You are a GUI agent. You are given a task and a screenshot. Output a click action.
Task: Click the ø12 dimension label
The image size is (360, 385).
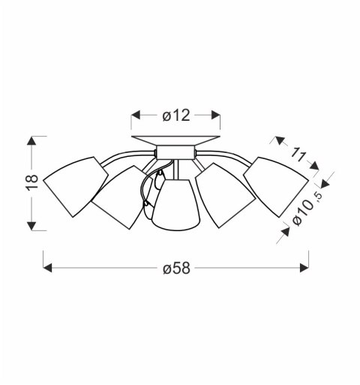coord(176,115)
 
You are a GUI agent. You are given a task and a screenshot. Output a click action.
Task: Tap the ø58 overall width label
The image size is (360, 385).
coord(178,268)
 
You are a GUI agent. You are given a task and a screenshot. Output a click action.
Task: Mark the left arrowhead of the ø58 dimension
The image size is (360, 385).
coord(47,268)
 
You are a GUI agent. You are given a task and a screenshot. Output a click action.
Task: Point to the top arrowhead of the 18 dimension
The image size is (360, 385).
coord(31,140)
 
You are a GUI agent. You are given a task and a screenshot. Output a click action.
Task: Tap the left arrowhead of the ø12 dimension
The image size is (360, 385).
coord(136,115)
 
